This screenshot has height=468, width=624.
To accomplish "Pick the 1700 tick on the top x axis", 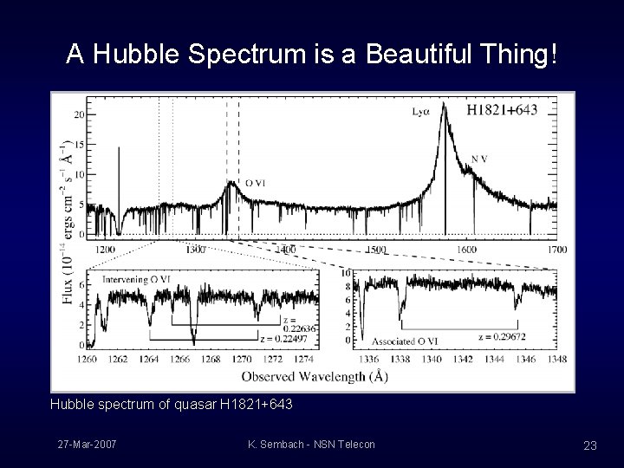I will (556, 249).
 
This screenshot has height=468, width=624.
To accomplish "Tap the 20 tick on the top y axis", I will (79, 114).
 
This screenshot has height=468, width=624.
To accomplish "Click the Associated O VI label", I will (404, 341).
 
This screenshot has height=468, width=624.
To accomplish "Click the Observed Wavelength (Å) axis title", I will (314, 376).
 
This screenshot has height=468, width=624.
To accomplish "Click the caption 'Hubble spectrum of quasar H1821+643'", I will (171, 405).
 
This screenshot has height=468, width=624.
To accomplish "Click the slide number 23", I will (590, 445).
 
